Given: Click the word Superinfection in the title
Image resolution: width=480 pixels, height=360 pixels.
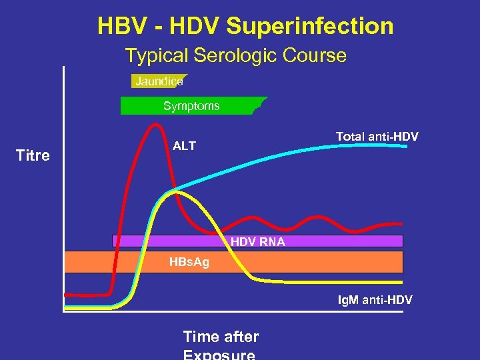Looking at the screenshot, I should [309, 27].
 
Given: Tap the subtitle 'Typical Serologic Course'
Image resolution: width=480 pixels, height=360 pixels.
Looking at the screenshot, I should [236, 55].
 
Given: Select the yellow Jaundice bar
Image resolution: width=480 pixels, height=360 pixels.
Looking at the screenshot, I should [159, 81].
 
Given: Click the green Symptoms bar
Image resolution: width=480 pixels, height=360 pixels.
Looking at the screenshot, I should [191, 106].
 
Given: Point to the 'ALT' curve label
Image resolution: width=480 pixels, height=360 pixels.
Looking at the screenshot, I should [185, 146].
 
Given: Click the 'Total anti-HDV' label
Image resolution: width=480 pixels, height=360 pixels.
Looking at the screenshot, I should [377, 137].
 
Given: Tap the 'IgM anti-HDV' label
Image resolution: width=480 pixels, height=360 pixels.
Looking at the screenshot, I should [374, 301].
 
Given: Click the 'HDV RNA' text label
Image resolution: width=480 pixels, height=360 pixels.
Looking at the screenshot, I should [258, 242].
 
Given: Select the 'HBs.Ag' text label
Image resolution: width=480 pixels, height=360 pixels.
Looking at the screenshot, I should [189, 262].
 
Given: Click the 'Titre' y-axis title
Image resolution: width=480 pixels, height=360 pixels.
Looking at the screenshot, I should [33, 156].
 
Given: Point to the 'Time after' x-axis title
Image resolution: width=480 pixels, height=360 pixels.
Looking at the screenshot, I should [221, 337].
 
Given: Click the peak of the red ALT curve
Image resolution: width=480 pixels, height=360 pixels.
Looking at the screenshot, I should [156, 125].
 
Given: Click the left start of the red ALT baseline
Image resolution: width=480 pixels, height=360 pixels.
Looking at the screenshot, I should [65, 294].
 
